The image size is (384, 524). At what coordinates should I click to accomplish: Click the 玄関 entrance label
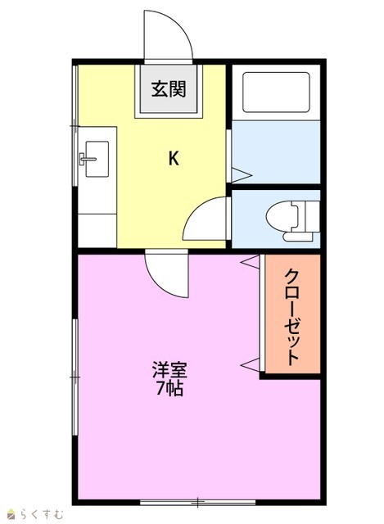pyautogui.click(x=169, y=89)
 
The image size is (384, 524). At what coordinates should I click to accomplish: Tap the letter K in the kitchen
pyautogui.click(x=174, y=158)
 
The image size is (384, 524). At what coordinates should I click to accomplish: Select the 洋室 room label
pyautogui.click(x=169, y=370)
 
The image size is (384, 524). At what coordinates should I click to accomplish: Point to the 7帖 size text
pyautogui.click(x=169, y=388)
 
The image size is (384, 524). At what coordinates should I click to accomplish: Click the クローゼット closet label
pyautogui.click(x=291, y=317)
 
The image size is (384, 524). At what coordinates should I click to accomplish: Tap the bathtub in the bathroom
pyautogui.click(x=276, y=93)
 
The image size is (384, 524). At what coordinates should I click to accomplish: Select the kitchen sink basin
pyautogui.click(x=97, y=159)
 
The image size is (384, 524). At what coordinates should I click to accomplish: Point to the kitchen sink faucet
pyautogui.click(x=87, y=159)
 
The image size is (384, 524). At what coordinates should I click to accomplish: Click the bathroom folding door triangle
pyautogui.click(x=241, y=175)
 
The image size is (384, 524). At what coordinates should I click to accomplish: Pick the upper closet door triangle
pyautogui.click(x=250, y=261)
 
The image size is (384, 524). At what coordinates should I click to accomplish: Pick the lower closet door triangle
pyautogui.click(x=250, y=364)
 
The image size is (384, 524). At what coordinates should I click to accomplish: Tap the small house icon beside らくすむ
pyautogui.click(x=12, y=514)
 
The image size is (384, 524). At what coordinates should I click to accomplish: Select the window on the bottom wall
pyautogui.click(x=197, y=502)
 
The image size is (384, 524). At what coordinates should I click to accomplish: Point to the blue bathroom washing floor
pyautogui.click(x=276, y=151)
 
